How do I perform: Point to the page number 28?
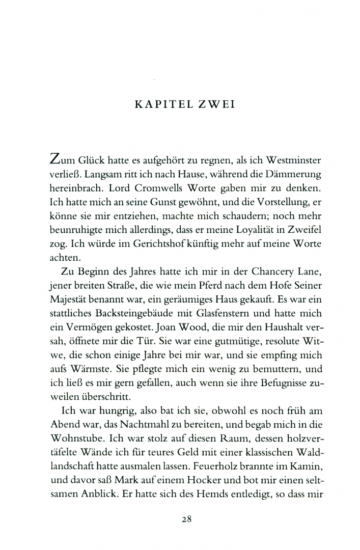click(186, 519)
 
